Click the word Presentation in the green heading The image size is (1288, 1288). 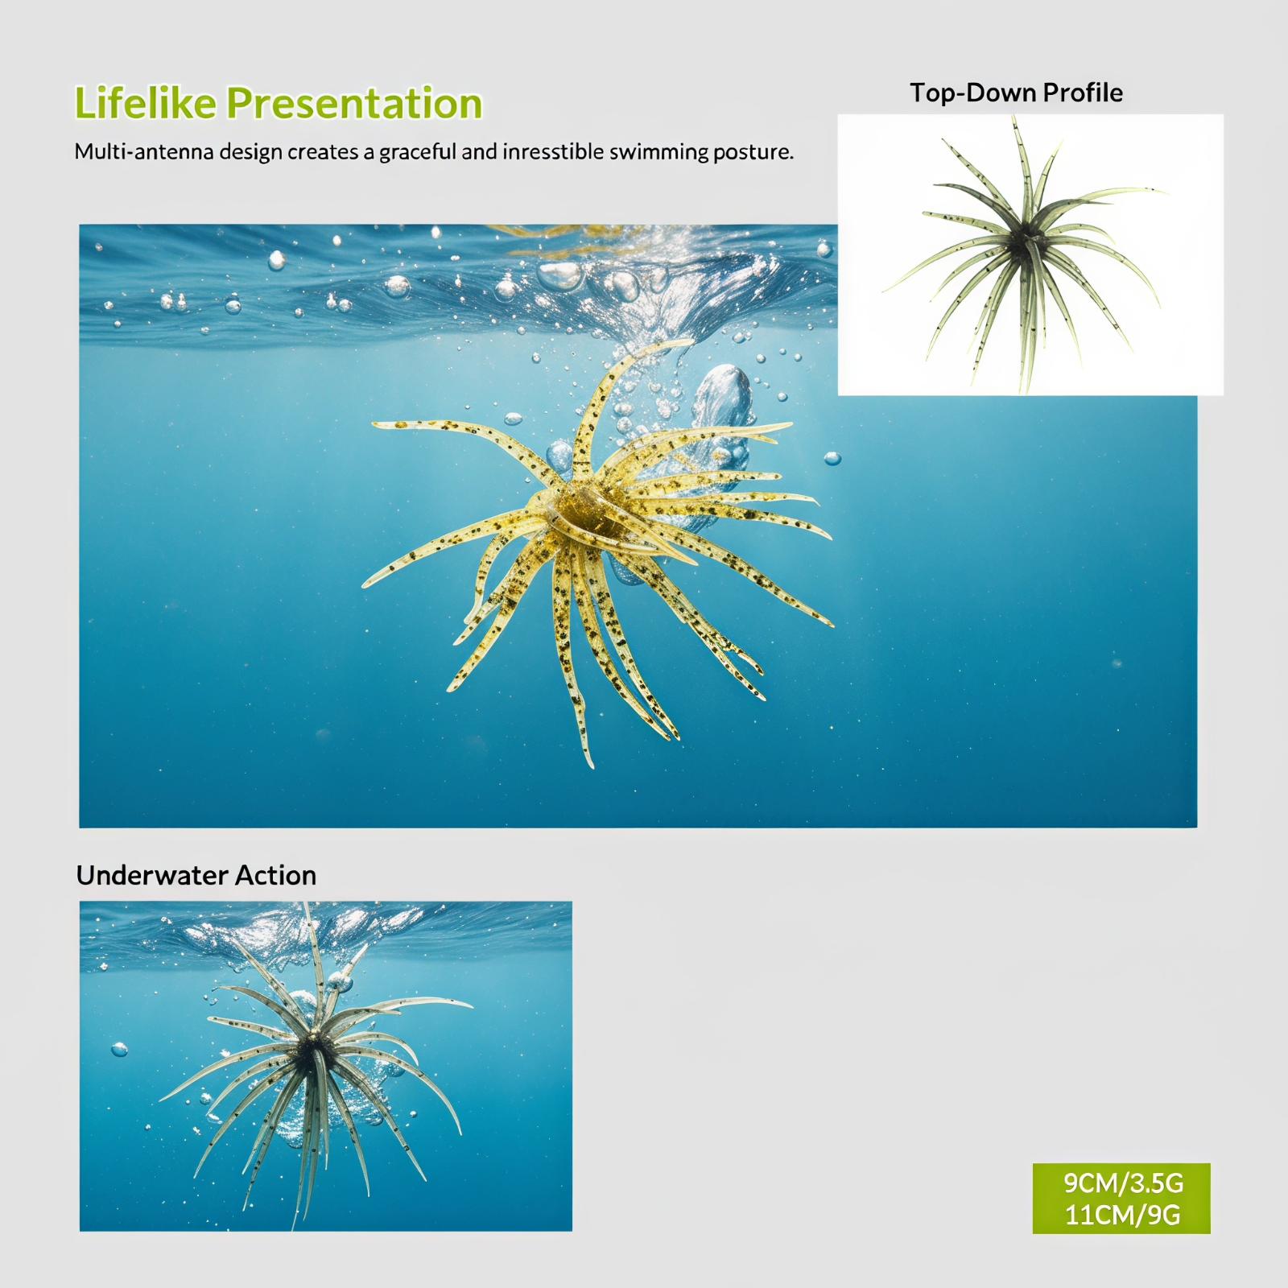(354, 104)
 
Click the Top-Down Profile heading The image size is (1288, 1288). (1016, 93)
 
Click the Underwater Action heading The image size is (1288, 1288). (196, 875)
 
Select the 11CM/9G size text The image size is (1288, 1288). (1123, 1214)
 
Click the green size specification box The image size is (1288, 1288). (1121, 1198)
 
